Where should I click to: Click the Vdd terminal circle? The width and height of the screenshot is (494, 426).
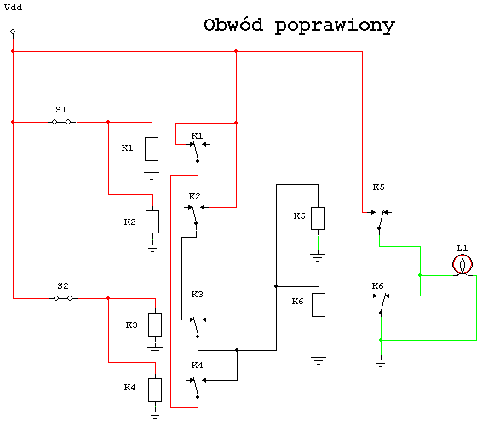pos(13,32)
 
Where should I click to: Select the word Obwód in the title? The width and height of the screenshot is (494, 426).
pos(233,25)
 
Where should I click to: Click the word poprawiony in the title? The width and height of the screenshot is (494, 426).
pos(335,26)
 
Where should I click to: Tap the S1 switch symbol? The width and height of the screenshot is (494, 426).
pos(61,122)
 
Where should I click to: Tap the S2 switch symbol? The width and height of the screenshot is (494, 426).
pos(63,298)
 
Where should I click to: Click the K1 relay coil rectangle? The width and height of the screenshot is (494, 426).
pos(152,149)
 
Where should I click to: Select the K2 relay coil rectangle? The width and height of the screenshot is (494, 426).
pos(152,222)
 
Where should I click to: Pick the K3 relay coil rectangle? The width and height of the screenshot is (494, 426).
pos(155,325)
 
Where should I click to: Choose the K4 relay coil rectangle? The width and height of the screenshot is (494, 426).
pos(155,390)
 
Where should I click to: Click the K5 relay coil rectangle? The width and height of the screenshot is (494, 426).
pos(318,218)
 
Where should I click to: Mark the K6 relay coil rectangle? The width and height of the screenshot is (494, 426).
pos(319,305)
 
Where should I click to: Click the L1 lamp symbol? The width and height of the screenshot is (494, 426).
pos(462,265)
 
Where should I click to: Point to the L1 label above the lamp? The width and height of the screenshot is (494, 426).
pos(462,248)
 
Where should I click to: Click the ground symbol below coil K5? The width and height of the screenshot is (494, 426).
pos(318,257)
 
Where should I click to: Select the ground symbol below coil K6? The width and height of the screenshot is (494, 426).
pos(319,360)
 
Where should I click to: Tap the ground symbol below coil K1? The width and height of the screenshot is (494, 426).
pos(152,176)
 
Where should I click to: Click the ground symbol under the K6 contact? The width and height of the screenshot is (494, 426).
pos(381,363)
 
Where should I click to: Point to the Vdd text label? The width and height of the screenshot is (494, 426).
pos(14,8)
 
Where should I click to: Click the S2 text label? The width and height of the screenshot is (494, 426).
pos(63,285)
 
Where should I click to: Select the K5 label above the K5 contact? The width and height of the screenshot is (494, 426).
pos(379,187)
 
